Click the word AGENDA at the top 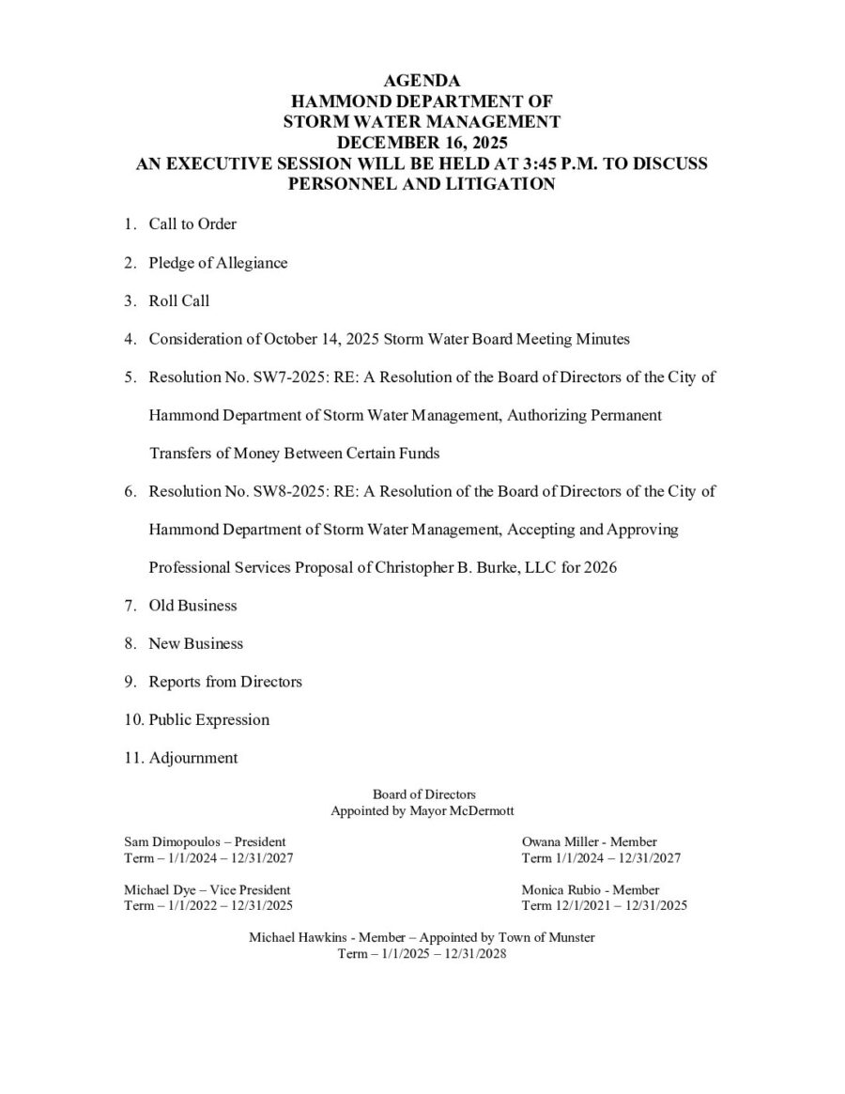(x=422, y=81)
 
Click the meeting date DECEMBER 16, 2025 (x=422, y=142)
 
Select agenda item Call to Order (x=192, y=224)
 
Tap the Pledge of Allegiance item (x=218, y=263)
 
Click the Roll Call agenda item (x=178, y=301)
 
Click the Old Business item (x=192, y=606)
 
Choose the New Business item (x=195, y=644)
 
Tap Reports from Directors (x=225, y=682)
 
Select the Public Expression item (x=208, y=720)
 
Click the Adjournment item (x=192, y=758)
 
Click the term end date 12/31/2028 (x=474, y=953)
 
